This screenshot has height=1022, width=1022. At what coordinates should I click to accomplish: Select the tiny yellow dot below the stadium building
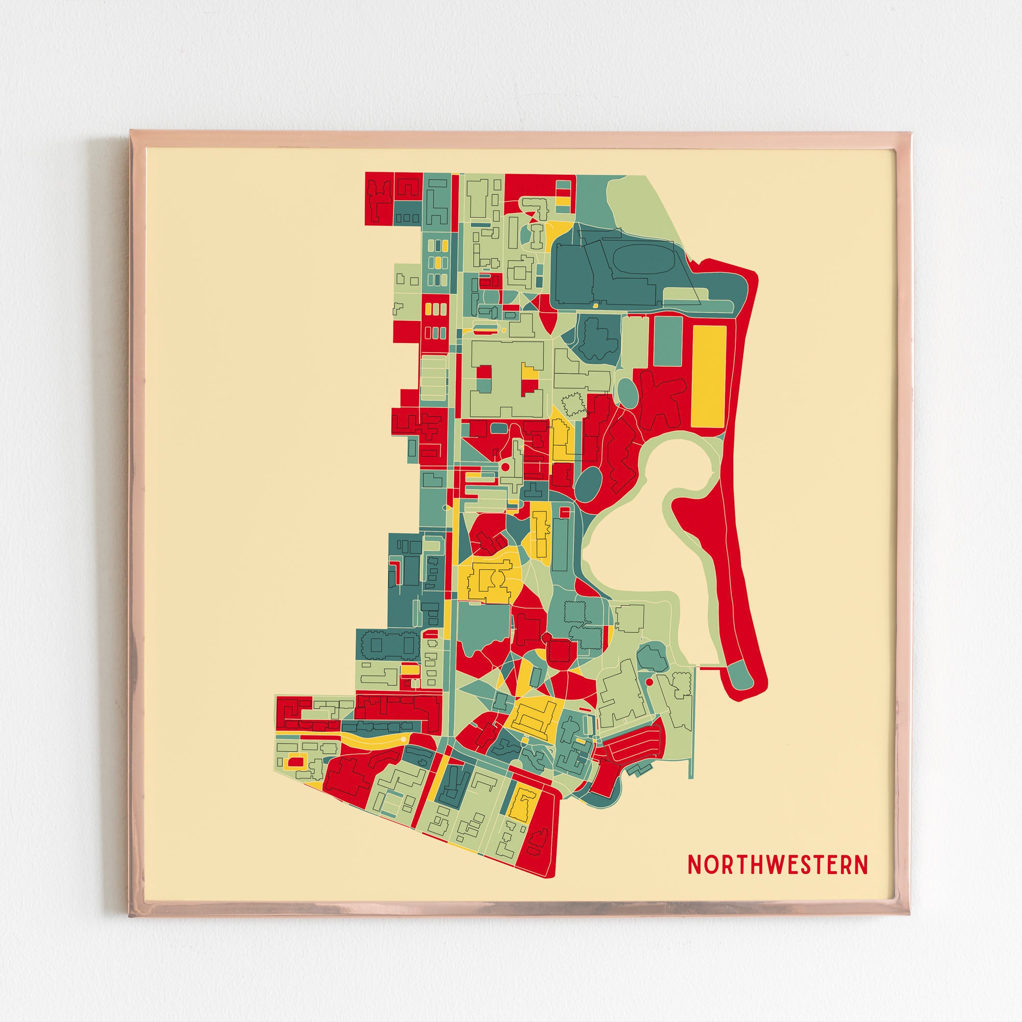[595, 306]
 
